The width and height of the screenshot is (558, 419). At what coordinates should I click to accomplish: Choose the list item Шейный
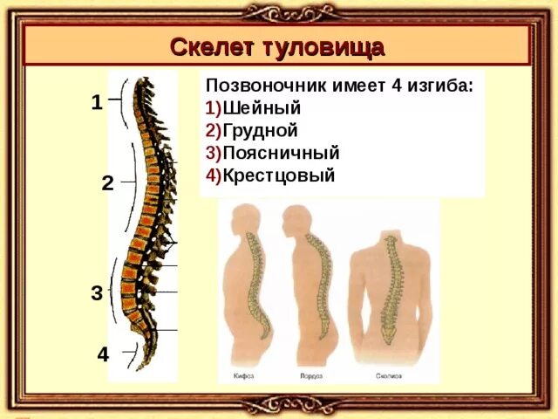pyautogui.click(x=262, y=109)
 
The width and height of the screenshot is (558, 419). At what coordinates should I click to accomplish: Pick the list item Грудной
pyautogui.click(x=261, y=131)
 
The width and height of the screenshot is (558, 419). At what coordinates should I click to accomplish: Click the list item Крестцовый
pyautogui.click(x=278, y=175)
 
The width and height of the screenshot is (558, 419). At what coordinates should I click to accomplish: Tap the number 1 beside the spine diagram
pyautogui.click(x=97, y=102)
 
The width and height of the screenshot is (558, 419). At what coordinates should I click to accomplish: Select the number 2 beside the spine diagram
pyautogui.click(x=106, y=183)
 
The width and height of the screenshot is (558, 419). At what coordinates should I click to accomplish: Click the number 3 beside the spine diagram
pyautogui.click(x=97, y=293)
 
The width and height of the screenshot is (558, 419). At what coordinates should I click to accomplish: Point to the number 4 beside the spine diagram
pyautogui.click(x=103, y=355)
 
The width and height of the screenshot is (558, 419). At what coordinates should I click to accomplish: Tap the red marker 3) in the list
pyautogui.click(x=214, y=153)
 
